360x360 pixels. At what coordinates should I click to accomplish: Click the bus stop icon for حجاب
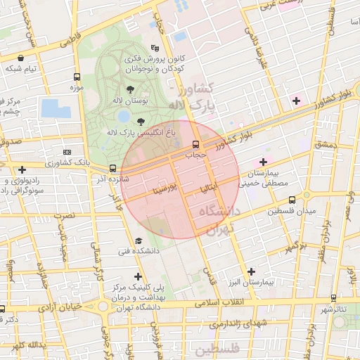[195, 143]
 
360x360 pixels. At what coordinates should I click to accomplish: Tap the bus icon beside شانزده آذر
[112, 168]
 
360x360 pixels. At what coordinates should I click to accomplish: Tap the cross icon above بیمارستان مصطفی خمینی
[263, 162]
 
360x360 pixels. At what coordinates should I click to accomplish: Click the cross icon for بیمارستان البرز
[251, 271]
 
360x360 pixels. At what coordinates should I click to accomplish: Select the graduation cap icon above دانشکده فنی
[138, 240]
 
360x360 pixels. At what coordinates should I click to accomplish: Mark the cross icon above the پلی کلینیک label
[138, 276]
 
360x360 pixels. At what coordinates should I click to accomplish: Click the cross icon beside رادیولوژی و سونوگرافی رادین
[22, 169]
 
